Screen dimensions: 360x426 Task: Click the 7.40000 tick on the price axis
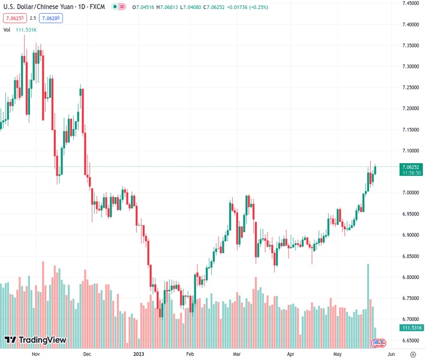click(410, 25)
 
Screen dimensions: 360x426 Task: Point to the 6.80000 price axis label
click(410, 277)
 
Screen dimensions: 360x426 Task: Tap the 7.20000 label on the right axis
click(410, 109)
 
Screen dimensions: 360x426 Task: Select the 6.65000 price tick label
click(410, 340)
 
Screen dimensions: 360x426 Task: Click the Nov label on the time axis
click(35, 354)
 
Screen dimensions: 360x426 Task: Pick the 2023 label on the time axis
click(138, 354)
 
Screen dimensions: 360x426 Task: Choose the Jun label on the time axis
click(391, 354)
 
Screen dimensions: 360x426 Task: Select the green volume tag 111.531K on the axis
click(412, 328)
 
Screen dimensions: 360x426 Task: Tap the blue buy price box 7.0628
click(50, 18)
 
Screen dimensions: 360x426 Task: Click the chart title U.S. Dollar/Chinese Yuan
click(39, 8)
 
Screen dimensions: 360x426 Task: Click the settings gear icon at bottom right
click(413, 354)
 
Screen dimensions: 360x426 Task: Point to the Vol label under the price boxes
click(7, 29)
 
